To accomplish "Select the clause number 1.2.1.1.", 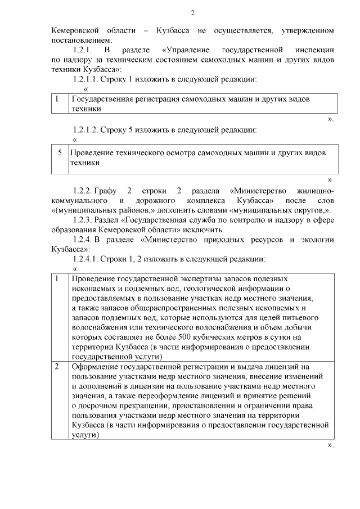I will (86, 79).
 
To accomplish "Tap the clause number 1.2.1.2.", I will (86, 129).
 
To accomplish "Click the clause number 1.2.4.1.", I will (86, 259).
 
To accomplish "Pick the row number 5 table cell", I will (60, 152).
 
